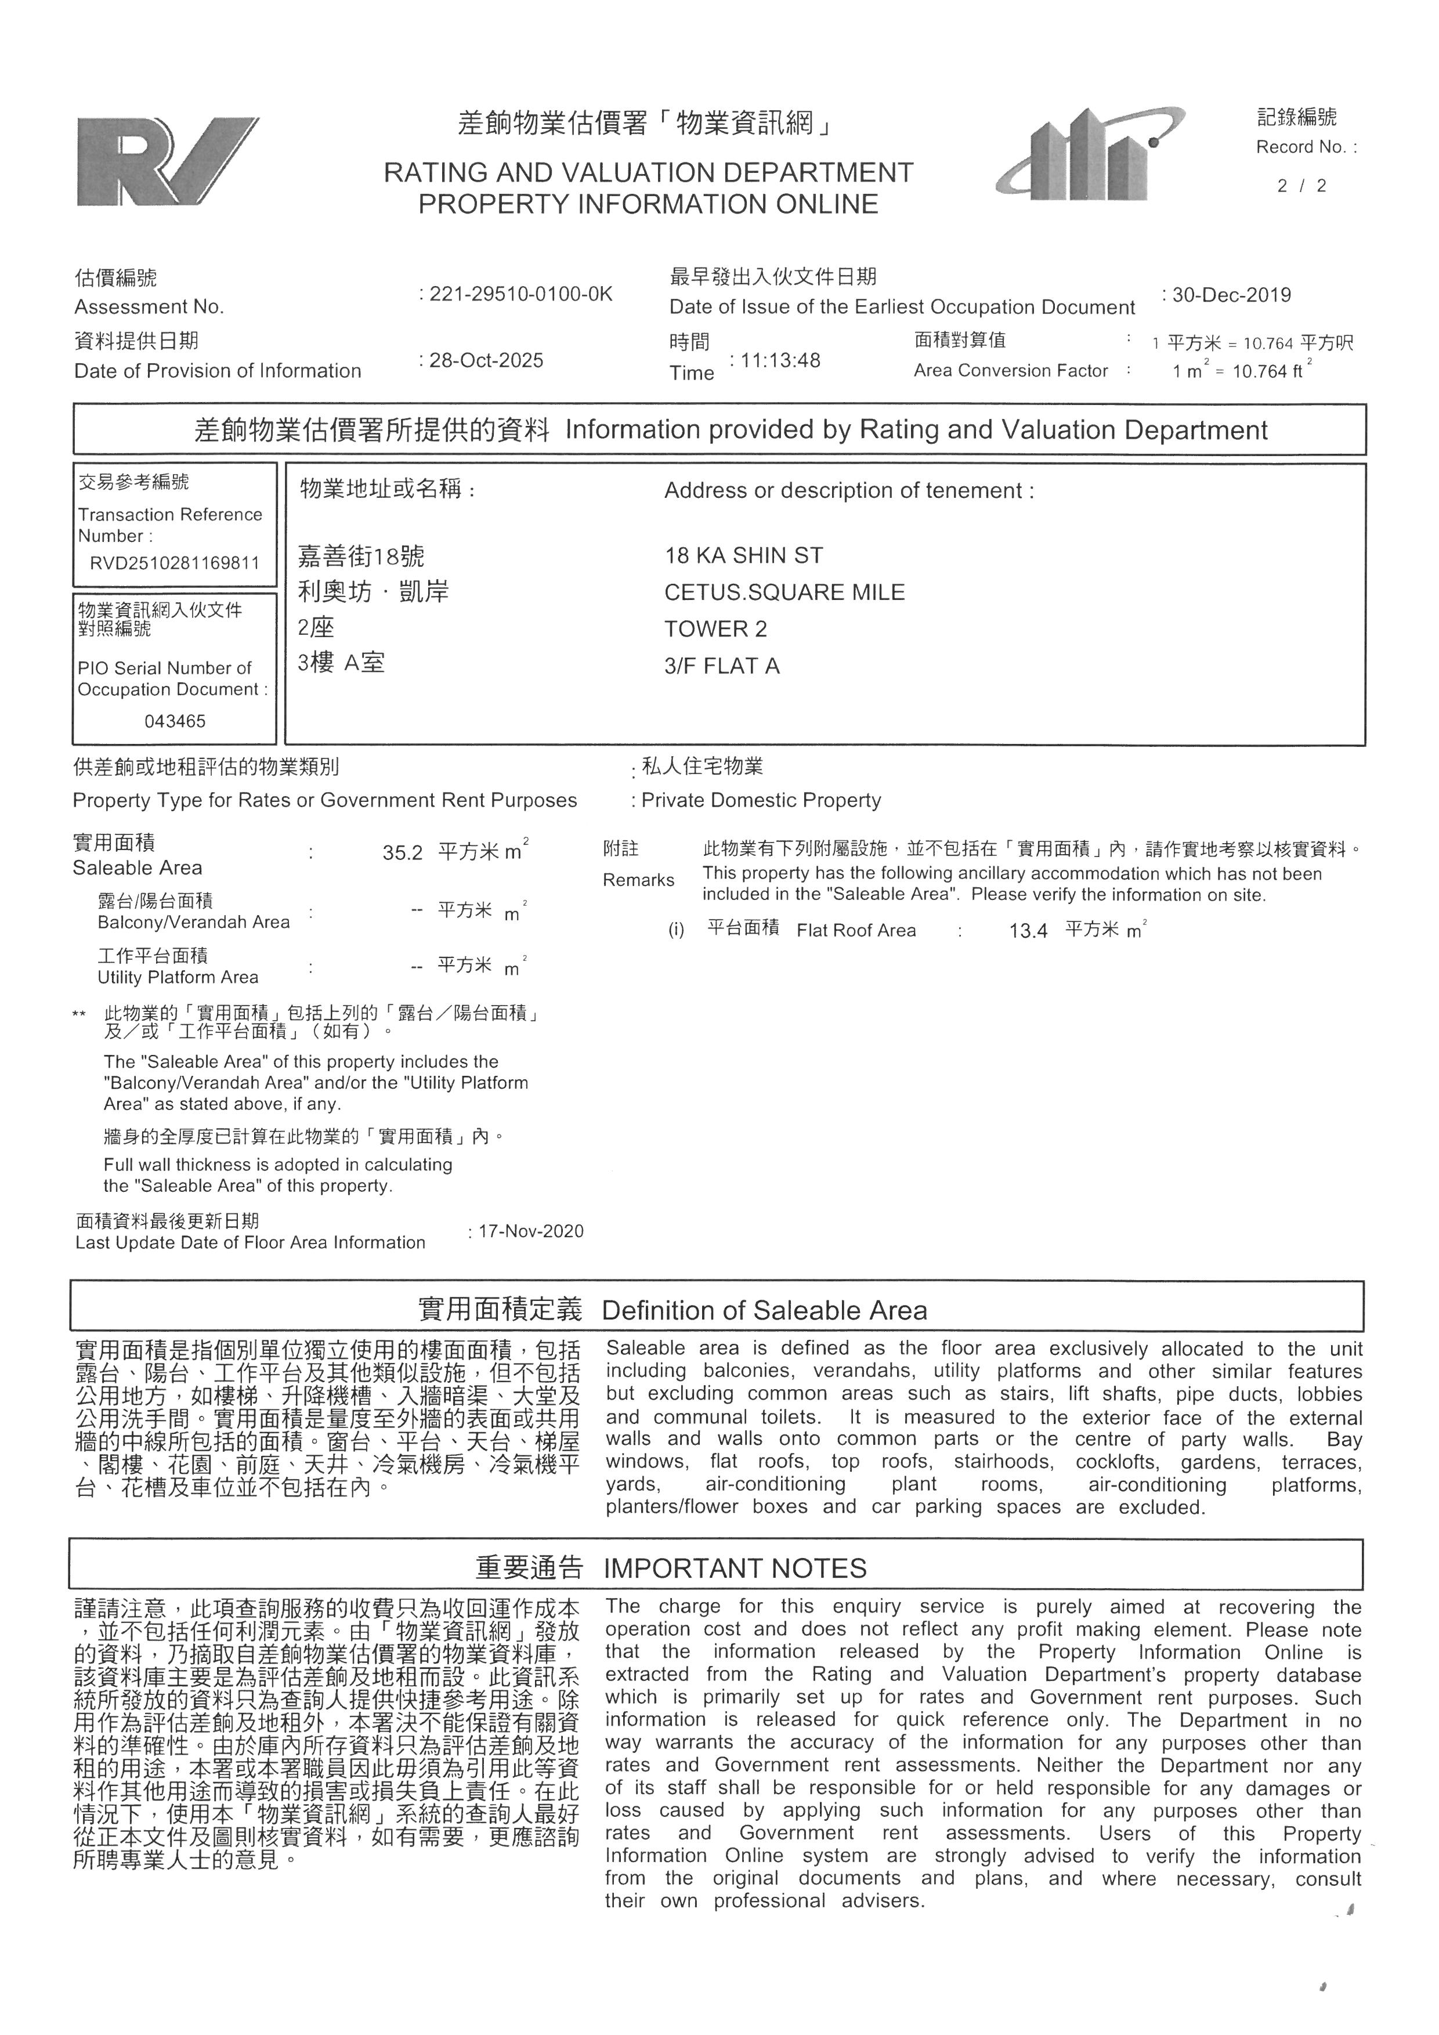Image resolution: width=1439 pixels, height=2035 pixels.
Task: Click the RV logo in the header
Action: pyautogui.click(x=167, y=161)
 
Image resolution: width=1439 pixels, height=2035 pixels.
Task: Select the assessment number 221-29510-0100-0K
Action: pyautogui.click(x=520, y=294)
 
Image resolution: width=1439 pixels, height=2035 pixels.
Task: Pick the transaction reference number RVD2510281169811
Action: pyautogui.click(x=175, y=563)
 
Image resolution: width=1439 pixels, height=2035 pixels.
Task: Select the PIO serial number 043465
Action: pyautogui.click(x=175, y=721)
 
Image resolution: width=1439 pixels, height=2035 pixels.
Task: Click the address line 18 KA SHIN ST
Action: pyautogui.click(x=743, y=556)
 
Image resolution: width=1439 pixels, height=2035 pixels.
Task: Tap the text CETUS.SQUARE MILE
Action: pyautogui.click(x=784, y=592)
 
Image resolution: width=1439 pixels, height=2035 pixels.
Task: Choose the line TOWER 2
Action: pyautogui.click(x=715, y=629)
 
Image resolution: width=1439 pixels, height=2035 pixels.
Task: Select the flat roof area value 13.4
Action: pyautogui.click(x=1028, y=931)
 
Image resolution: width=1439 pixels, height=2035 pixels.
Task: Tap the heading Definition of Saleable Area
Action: pyautogui.click(x=764, y=1311)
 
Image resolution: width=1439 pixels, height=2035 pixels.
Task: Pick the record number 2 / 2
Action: pyautogui.click(x=1301, y=186)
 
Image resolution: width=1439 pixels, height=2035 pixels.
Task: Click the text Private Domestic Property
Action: pyautogui.click(x=760, y=800)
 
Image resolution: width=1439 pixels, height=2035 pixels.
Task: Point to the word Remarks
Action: pyautogui.click(x=638, y=880)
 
